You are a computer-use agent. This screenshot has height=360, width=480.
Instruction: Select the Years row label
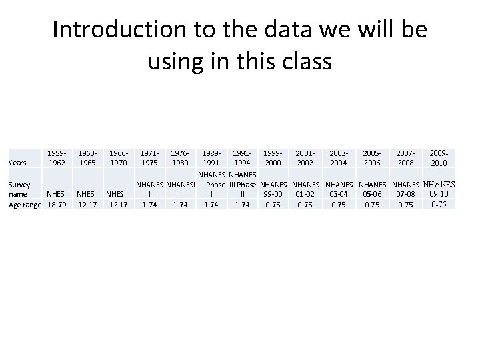tap(17, 162)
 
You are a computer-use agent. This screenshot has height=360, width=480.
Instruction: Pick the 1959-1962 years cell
tap(57, 157)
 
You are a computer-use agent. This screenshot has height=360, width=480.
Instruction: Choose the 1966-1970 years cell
tap(119, 157)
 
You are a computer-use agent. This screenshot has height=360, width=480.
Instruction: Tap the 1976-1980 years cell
tap(180, 157)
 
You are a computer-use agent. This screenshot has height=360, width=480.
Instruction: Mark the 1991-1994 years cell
tap(241, 157)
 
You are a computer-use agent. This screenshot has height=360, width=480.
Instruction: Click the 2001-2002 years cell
tap(306, 157)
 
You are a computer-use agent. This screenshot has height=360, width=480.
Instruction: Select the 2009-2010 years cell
tap(439, 158)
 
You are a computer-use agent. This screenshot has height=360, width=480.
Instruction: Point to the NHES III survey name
tap(119, 194)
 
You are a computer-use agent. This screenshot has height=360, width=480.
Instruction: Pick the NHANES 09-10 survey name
tap(439, 189)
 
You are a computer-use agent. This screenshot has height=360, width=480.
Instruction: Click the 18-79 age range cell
tap(57, 204)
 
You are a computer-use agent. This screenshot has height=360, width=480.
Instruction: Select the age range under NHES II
tap(88, 204)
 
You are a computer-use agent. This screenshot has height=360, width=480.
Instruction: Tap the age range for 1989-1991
tap(211, 204)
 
